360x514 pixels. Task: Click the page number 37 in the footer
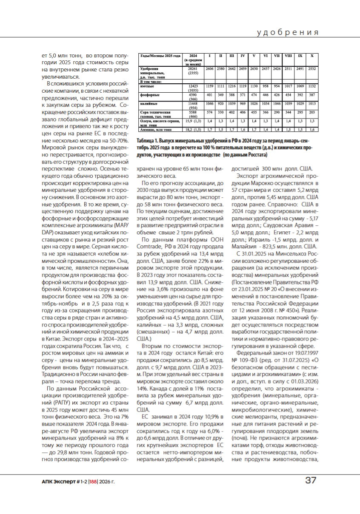point(311,481)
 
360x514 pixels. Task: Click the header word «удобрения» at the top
point(288,32)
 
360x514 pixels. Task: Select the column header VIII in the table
point(288,56)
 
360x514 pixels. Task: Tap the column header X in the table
point(312,56)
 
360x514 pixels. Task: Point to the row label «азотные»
point(147,86)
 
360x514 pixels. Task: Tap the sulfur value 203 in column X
point(312,112)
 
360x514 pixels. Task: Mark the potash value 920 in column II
point(221,104)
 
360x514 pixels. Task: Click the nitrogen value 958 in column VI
point(266,86)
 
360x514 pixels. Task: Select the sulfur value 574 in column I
point(210,112)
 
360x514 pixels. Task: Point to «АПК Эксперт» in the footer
point(56,481)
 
